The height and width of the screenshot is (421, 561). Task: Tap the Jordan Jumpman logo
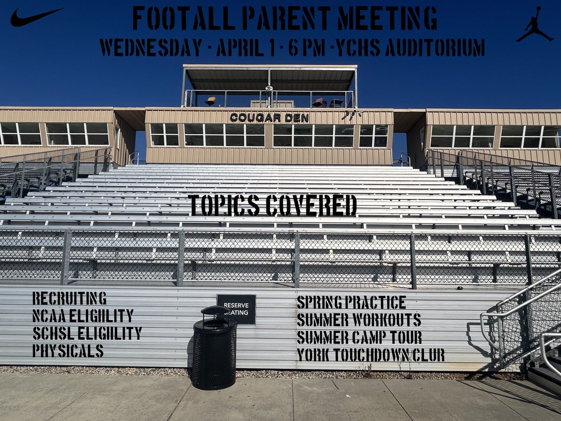534,25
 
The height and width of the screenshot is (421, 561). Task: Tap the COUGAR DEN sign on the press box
269,118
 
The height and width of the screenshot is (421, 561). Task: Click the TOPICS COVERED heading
273,205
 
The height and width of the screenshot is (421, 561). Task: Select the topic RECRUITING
69,298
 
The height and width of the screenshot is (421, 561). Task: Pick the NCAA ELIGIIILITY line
83,316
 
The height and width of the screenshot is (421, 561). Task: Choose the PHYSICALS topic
68,350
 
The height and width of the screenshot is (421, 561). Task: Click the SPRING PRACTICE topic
351,303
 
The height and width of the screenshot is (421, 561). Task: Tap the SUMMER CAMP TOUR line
359,337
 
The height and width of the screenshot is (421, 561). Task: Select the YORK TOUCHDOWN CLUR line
370,355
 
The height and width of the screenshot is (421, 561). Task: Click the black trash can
214,351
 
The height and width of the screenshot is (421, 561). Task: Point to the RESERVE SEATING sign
237,309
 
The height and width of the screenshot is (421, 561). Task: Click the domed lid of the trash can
215,311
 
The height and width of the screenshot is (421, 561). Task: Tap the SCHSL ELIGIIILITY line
87,333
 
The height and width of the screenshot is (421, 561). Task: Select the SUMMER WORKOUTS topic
359,320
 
